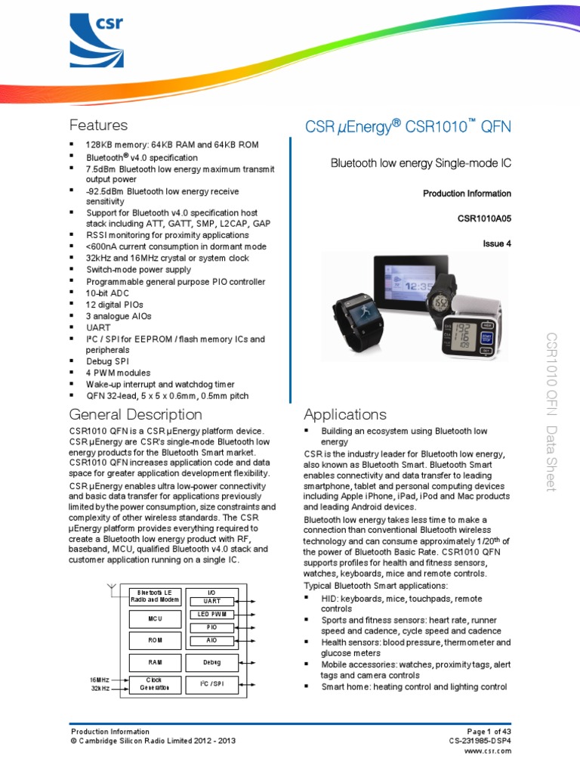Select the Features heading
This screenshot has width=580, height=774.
98,125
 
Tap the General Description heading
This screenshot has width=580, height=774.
135,414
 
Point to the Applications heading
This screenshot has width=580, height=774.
344,414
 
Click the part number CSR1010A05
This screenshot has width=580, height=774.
484,219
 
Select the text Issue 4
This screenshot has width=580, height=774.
497,244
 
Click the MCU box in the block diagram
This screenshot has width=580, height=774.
155,619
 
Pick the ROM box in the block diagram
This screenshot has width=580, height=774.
155,640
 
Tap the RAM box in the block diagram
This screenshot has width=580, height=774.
155,662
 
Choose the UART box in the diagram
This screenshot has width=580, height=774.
212,601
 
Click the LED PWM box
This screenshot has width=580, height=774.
212,615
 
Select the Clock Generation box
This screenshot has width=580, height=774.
155,684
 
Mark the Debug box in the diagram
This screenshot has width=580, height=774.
212,662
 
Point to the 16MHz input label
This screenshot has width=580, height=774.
98,680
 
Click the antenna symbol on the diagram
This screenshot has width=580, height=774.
112,588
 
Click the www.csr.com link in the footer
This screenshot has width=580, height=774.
487,751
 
